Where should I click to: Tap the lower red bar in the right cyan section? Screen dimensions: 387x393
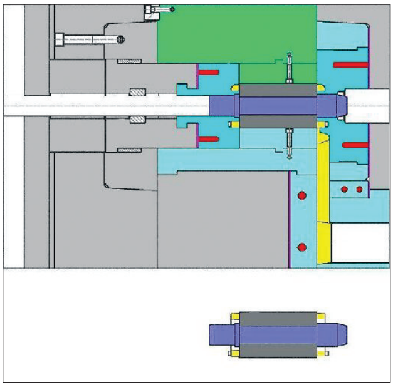(354, 145)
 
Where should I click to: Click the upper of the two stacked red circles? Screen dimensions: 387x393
(301, 196)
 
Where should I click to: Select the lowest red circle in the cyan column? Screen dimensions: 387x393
(301, 246)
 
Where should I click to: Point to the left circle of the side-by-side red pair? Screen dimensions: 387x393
(343, 189)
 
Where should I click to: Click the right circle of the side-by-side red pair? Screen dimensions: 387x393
(359, 189)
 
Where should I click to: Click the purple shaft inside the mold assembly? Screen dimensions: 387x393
(276, 105)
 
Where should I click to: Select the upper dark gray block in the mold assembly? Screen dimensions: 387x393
(276, 90)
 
